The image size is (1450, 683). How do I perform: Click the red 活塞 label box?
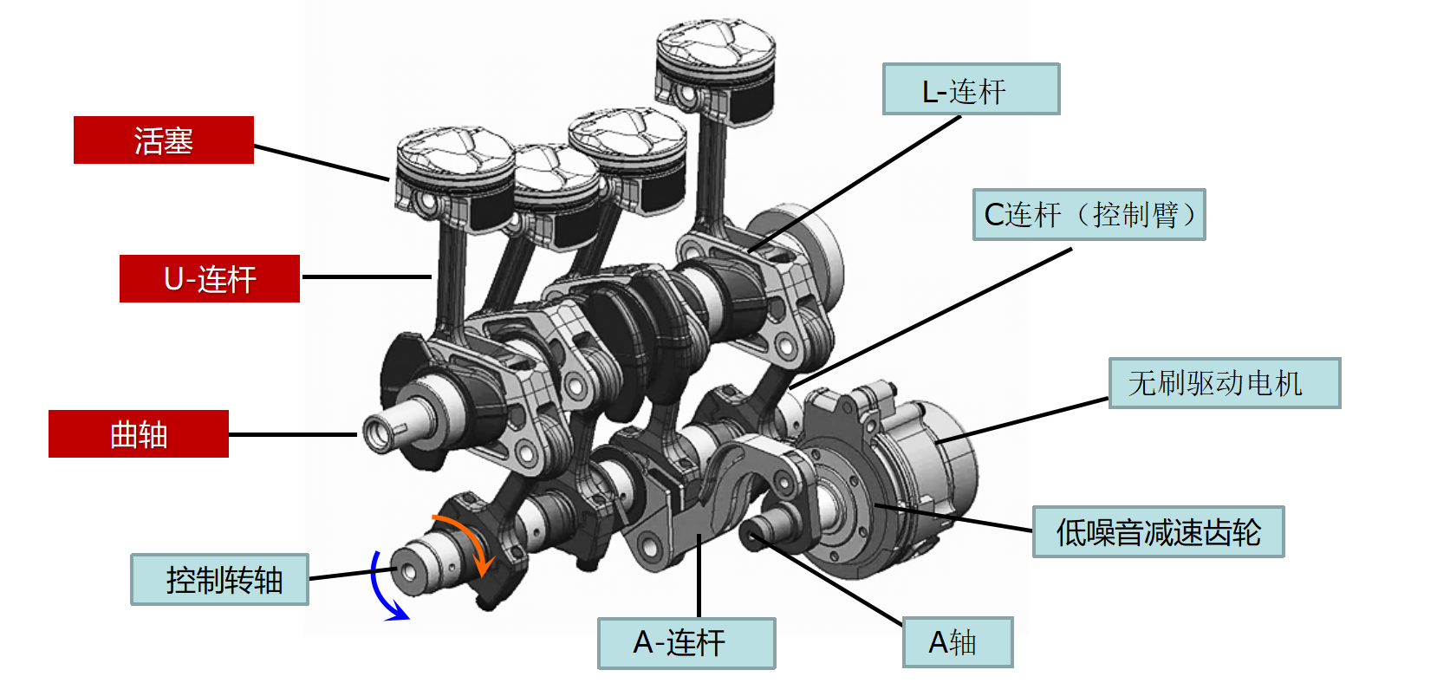tap(164, 140)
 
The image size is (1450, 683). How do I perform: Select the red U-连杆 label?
tap(210, 278)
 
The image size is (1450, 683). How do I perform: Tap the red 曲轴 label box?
tap(139, 433)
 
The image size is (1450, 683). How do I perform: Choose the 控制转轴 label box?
tap(220, 579)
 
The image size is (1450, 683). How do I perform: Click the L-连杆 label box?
tap(971, 89)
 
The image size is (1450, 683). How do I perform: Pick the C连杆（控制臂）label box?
tap(1089, 214)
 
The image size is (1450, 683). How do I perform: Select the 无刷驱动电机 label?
tap(1225, 382)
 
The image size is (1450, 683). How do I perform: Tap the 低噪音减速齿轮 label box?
tap(1159, 531)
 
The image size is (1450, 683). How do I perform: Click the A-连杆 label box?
tap(686, 643)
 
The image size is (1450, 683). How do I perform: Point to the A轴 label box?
tap(958, 642)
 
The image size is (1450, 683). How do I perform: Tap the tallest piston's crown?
tap(715, 44)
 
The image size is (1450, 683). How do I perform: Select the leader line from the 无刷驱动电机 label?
tap(1023, 420)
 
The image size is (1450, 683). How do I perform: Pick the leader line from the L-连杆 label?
tap(855, 184)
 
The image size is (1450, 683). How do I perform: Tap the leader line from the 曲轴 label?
tap(293, 434)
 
